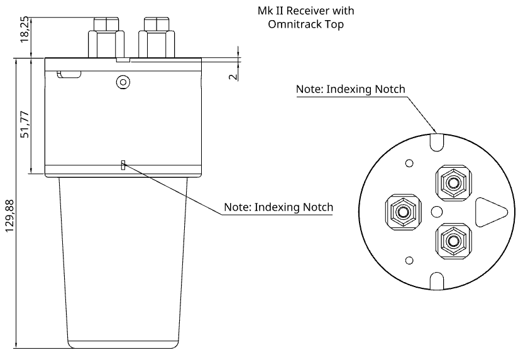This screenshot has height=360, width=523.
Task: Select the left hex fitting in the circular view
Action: pyautogui.click(x=400, y=210)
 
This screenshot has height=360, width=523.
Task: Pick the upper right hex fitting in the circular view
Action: pyautogui.click(x=452, y=183)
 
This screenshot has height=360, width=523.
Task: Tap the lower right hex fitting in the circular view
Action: pyautogui.click(x=451, y=239)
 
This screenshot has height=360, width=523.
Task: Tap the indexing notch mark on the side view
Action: pyautogui.click(x=124, y=165)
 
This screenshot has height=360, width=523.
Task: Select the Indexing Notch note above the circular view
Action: pyautogui.click(x=350, y=89)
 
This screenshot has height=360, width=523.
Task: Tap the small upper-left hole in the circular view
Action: pyautogui.click(x=409, y=164)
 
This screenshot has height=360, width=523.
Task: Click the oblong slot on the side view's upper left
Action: pyautogui.click(x=69, y=75)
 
